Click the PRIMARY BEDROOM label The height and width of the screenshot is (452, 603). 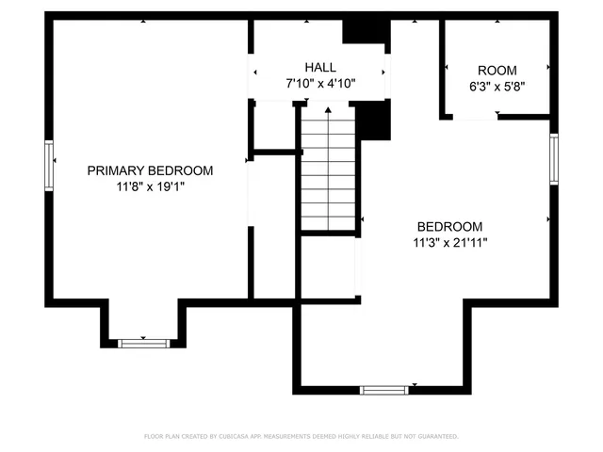point(150,170)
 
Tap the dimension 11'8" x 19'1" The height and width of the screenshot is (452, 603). point(150,186)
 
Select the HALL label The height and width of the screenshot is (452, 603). point(320,68)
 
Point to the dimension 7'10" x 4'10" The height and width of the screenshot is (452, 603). point(320,84)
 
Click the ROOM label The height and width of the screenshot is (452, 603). point(497,71)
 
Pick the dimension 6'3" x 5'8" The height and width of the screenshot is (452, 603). point(497,86)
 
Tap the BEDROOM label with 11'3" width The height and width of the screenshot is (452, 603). point(450,227)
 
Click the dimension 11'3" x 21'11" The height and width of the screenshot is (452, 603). point(450,243)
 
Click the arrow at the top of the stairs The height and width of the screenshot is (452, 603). point(327,113)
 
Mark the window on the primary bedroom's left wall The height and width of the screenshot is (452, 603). point(49,164)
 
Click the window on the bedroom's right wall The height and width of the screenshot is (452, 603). point(554,160)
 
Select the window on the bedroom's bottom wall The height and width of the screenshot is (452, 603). point(384,388)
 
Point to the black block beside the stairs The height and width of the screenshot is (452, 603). point(375,120)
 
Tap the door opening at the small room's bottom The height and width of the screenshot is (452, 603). point(474,116)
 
